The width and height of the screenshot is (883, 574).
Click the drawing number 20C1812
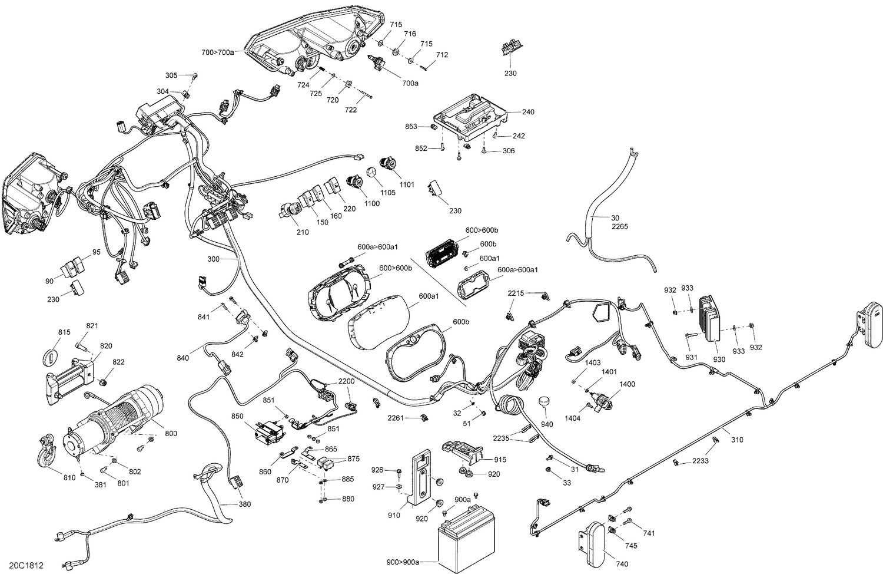(26, 565)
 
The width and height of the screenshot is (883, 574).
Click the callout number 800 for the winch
(171, 434)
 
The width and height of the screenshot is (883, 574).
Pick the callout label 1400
(627, 384)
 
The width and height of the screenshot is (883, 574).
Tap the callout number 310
(737, 440)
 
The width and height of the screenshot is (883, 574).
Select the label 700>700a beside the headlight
(218, 52)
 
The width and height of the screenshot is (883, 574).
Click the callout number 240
(528, 111)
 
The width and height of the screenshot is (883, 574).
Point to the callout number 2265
(620, 227)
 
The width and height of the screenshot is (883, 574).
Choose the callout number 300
(214, 259)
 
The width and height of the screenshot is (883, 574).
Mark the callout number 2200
(346, 381)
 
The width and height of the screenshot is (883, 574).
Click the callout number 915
(500, 460)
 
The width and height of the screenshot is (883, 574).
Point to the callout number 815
(64, 332)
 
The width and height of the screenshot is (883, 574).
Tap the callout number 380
(244, 504)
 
